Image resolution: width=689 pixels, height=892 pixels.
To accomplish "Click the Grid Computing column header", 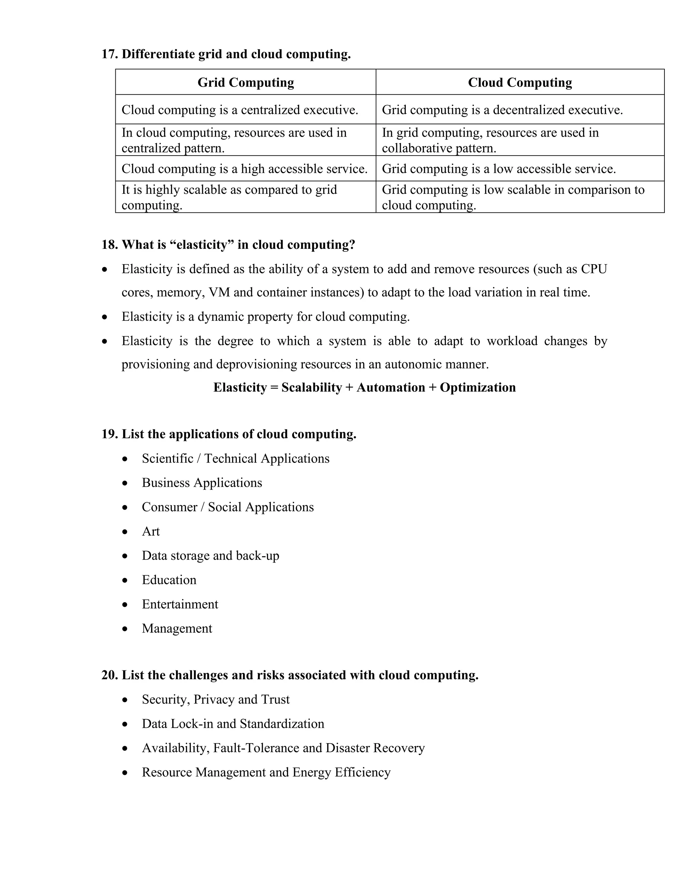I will pyautogui.click(x=246, y=82).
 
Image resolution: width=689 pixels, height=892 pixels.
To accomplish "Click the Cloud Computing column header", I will pyautogui.click(x=519, y=82).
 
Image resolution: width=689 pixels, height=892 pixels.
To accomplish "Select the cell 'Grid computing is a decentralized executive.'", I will pyautogui.click(x=502, y=110).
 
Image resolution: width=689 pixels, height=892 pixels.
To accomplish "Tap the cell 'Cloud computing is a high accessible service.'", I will pyautogui.click(x=245, y=169).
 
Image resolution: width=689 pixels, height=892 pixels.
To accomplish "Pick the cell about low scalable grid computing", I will pyautogui.click(x=513, y=197).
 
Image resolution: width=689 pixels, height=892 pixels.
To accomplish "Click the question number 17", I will pyautogui.click(x=109, y=54).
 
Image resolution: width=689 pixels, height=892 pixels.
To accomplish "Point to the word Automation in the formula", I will pyautogui.click(x=391, y=387).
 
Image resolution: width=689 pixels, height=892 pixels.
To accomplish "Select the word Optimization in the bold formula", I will pyautogui.click(x=478, y=387).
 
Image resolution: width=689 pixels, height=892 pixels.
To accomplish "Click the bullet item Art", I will pyautogui.click(x=151, y=531).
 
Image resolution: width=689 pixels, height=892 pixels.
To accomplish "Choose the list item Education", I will pyautogui.click(x=169, y=580).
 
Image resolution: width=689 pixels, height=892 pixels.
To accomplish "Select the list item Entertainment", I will pyautogui.click(x=180, y=604).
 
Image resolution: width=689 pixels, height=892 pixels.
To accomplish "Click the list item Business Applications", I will pyautogui.click(x=202, y=483).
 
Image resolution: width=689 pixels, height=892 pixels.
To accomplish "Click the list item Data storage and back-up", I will pyautogui.click(x=210, y=556).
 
